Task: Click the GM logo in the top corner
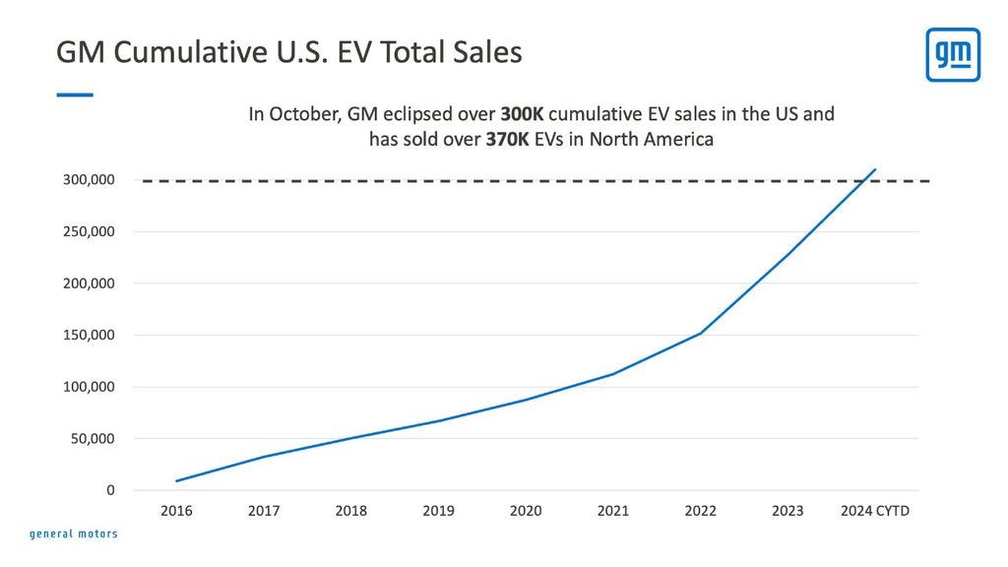(x=952, y=55)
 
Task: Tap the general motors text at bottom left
(x=73, y=535)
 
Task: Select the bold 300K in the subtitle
(x=522, y=114)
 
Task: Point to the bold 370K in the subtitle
(x=507, y=140)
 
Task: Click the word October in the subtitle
(x=300, y=114)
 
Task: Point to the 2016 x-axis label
(x=177, y=511)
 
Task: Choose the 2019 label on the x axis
(x=438, y=511)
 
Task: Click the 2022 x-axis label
(x=700, y=511)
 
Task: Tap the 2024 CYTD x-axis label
(x=874, y=511)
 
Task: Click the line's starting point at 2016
(x=177, y=480)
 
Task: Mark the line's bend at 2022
(x=700, y=334)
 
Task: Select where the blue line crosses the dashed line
(x=865, y=181)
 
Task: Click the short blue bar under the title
(x=75, y=94)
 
